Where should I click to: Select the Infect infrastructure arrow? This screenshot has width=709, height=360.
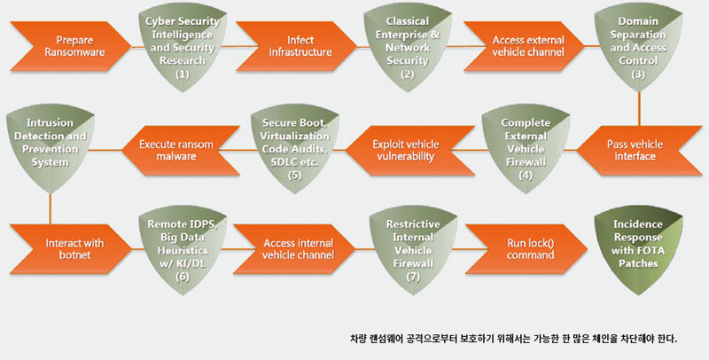pyautogui.click(x=296, y=46)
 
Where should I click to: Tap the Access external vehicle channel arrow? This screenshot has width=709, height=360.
pyautogui.click(x=525, y=46)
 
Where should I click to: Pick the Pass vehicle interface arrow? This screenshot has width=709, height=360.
pyautogui.click(x=638, y=150)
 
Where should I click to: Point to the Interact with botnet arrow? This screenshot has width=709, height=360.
pyautogui.click(x=71, y=249)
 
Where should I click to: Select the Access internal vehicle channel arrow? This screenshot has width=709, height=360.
pyautogui.click(x=295, y=249)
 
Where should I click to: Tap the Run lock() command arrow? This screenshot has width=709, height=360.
pyautogui.click(x=526, y=249)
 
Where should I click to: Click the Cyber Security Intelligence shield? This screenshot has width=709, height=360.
pyautogui.click(x=183, y=47)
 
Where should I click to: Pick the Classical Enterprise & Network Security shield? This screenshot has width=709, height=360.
pyautogui.click(x=408, y=47)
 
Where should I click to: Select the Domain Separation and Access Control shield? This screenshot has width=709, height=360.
pyautogui.click(x=638, y=47)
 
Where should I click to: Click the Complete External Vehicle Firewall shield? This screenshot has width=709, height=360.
pyautogui.click(x=526, y=149)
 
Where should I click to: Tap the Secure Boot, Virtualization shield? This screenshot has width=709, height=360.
pyautogui.click(x=295, y=149)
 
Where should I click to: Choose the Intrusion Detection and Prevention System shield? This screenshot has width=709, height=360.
pyautogui.click(x=51, y=149)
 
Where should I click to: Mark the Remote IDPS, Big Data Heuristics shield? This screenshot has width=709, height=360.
pyautogui.click(x=183, y=250)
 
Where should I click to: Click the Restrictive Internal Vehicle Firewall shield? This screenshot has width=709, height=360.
pyautogui.click(x=413, y=250)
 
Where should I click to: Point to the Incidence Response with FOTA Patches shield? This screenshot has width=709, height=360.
pyautogui.click(x=638, y=250)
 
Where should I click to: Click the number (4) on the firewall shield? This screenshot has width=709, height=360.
pyautogui.click(x=526, y=175)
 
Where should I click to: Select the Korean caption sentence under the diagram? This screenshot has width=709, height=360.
pyautogui.click(x=514, y=339)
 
